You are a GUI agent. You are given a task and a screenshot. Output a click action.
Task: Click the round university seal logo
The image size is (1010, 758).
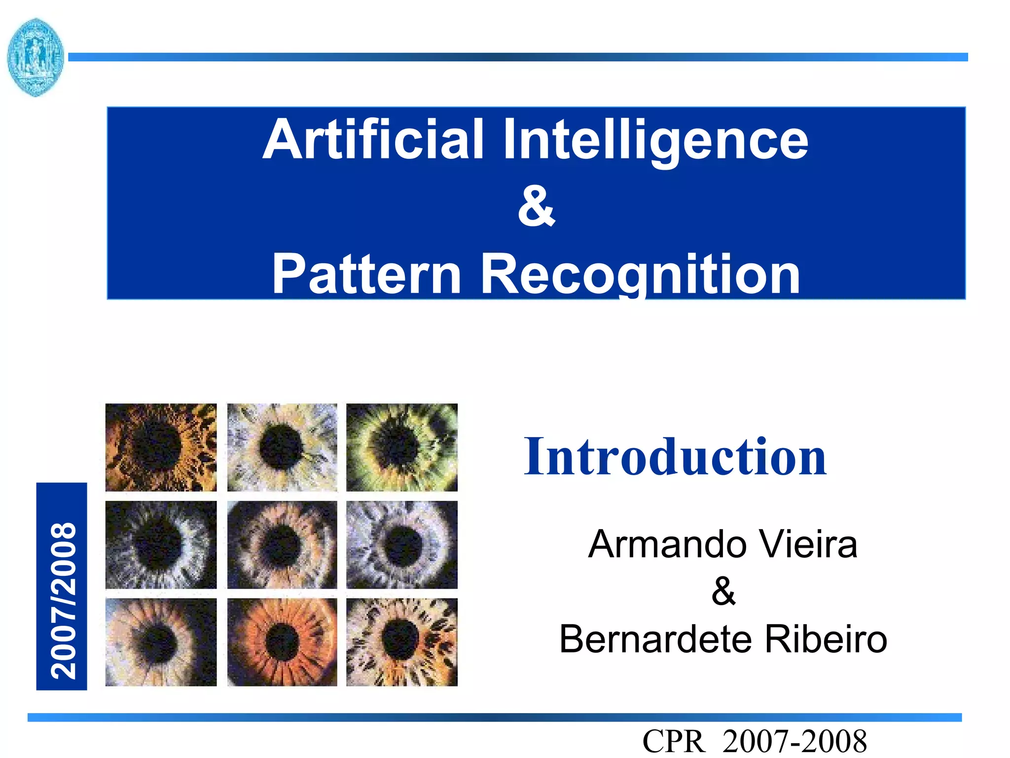pos(36,57)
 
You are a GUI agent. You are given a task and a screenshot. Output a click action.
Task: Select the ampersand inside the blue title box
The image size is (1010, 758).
pos(537,206)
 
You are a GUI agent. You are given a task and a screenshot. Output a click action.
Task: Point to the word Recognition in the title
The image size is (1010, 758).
pos(640,274)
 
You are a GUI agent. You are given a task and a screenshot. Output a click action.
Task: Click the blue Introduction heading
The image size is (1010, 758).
pos(675,457)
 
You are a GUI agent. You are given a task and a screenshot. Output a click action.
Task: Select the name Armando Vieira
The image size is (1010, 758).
pos(723,544)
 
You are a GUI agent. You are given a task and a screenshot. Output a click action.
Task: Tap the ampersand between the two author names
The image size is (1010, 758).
pos(723,591)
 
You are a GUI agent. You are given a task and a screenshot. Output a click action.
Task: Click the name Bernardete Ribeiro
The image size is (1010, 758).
pos(723,639)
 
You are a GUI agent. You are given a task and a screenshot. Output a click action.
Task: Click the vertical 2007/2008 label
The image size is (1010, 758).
pos(62,587)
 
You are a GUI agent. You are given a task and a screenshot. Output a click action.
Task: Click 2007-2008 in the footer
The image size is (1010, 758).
pos(794,741)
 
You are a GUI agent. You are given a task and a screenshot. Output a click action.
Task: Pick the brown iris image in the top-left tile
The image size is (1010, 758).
pos(161,447)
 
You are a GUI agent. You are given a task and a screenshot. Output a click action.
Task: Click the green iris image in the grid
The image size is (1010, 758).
pos(401,447)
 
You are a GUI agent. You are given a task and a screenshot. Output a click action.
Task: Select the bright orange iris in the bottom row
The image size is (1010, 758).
pos(282,642)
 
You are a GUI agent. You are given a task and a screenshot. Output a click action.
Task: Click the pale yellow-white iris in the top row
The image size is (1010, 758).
pos(282,447)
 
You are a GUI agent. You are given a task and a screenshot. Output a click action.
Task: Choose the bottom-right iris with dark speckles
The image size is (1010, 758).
pos(401,642)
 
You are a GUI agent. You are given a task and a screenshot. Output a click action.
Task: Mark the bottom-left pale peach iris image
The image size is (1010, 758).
pos(161,642)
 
